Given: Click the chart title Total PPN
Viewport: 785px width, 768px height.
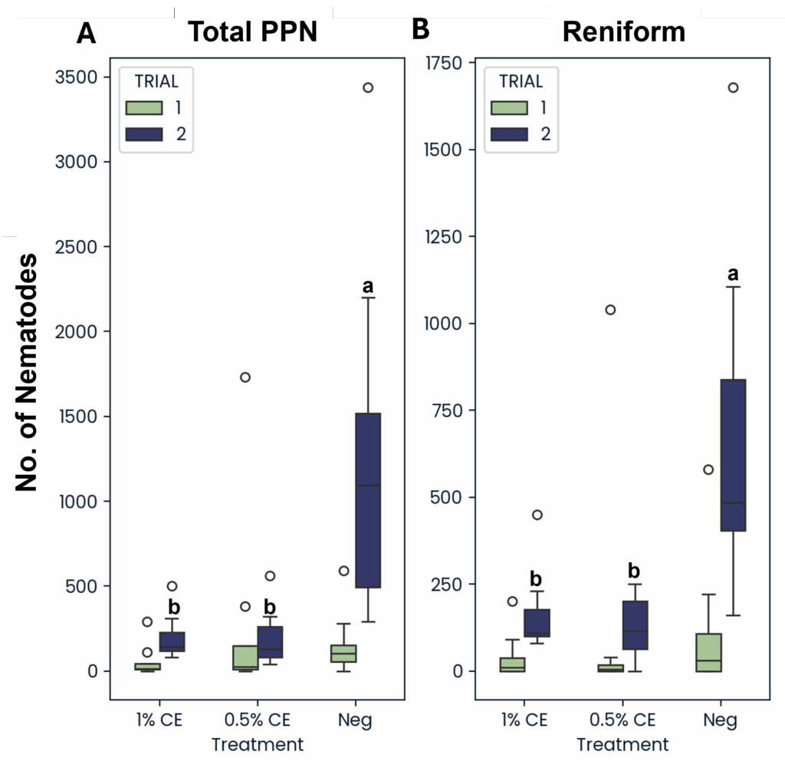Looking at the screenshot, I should tap(252, 32).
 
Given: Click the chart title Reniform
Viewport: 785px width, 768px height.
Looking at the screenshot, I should tap(623, 32).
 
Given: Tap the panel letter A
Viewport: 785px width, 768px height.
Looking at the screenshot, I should tap(86, 34).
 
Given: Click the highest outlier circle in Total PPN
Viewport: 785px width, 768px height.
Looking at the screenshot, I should tap(368, 87).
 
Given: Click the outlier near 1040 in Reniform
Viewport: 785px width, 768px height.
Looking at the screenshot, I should tap(610, 310).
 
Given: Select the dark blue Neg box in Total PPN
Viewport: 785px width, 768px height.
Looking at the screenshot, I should tap(368, 500).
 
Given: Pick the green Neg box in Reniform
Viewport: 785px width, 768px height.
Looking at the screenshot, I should tap(708, 652).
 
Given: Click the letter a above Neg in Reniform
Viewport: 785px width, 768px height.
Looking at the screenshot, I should tap(733, 274).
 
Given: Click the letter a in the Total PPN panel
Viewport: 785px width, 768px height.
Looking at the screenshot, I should tap(368, 286).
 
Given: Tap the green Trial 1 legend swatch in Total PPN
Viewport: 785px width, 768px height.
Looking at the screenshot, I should tap(144, 107).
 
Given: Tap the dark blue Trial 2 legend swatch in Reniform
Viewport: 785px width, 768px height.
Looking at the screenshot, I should tap(509, 133).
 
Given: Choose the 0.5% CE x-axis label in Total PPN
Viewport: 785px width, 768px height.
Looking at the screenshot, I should tap(258, 720).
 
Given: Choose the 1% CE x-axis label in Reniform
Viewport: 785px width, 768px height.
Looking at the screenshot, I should tap(524, 720).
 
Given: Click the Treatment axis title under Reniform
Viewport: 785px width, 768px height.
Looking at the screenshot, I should tap(622, 744).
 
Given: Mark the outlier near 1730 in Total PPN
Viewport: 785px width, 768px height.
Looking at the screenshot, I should tap(245, 377).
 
